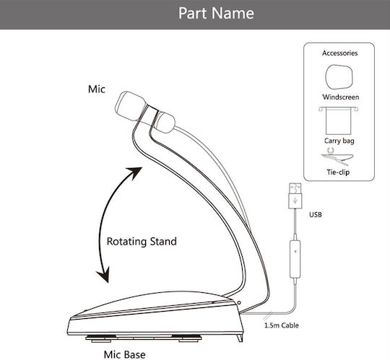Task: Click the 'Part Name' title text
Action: coord(216,13)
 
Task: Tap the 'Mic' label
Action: coord(97,89)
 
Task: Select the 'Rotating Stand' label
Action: coord(142,242)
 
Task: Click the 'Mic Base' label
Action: coord(125,354)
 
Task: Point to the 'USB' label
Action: coord(316,215)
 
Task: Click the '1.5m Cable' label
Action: coord(282,325)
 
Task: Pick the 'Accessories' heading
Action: coord(339,53)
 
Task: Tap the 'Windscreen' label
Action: coord(340,97)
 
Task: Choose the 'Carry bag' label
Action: coord(339,141)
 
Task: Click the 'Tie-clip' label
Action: coord(338,172)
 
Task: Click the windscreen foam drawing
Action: coord(339,77)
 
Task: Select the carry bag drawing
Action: coord(339,120)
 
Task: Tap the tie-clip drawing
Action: coord(337,157)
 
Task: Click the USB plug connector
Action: coord(295,196)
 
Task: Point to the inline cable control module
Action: coord(295,258)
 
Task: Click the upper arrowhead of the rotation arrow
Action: coord(135,172)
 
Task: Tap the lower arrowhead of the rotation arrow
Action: coord(104,275)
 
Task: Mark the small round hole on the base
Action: coord(239,303)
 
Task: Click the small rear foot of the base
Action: coord(240,338)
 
